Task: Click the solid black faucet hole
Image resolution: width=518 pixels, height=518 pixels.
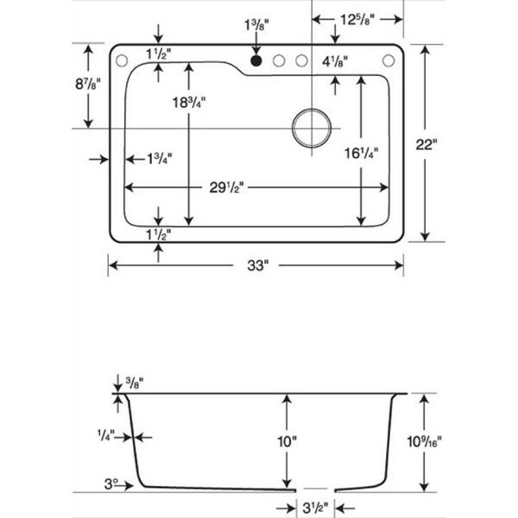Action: tap(256, 60)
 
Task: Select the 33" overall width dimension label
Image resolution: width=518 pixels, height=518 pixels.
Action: tap(258, 265)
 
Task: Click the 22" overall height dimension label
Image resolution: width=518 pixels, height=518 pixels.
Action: tap(426, 145)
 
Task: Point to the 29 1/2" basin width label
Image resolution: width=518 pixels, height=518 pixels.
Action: tap(226, 187)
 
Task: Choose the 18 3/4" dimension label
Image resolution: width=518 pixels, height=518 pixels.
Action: tap(189, 103)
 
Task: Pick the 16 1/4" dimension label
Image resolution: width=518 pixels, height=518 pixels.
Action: tap(362, 153)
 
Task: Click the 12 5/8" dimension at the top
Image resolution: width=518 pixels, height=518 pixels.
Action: tap(357, 20)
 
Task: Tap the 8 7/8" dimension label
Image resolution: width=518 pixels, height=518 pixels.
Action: tap(87, 84)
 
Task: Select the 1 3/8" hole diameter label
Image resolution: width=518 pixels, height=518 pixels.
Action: tap(256, 25)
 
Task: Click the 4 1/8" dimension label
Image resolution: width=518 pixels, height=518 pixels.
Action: tap(335, 62)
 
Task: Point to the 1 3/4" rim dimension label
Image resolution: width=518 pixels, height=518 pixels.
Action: tap(159, 159)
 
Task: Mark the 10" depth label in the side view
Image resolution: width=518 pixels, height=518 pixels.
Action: tap(287, 442)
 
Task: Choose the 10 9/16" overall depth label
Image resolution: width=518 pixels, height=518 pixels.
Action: tap(424, 441)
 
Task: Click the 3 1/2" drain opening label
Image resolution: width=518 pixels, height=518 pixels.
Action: tap(315, 509)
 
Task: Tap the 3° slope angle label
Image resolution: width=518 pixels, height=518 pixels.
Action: tap(111, 484)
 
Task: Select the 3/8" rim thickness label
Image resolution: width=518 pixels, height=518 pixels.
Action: tap(135, 382)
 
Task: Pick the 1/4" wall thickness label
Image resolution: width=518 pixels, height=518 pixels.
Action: tap(106, 435)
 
